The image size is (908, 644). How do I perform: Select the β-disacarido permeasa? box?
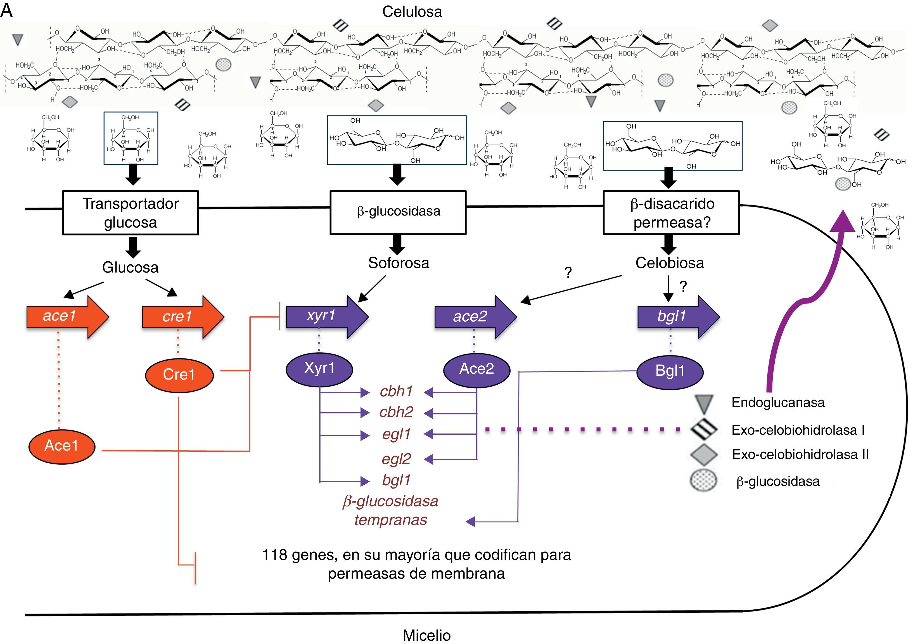[x=671, y=213]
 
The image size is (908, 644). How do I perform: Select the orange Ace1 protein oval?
[x=61, y=446]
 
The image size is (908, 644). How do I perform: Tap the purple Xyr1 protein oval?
[x=319, y=368]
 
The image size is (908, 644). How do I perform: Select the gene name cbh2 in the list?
[x=396, y=412]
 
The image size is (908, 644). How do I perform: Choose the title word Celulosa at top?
[x=412, y=12]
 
